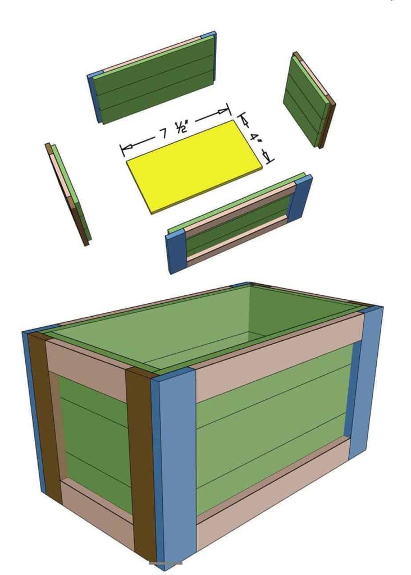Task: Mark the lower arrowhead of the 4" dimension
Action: (x=268, y=157)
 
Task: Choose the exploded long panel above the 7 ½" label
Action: (x=152, y=77)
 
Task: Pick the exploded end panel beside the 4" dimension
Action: (x=309, y=100)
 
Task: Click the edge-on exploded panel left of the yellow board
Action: (x=68, y=194)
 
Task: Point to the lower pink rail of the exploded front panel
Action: (x=238, y=238)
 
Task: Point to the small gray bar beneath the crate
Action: (x=166, y=573)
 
